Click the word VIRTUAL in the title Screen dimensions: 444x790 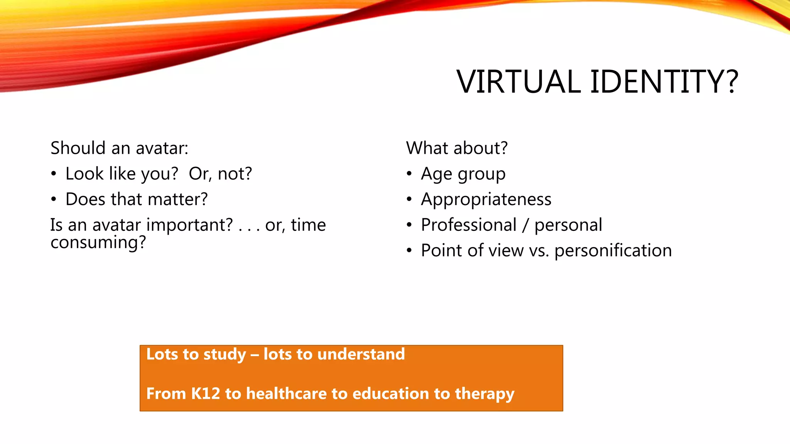click(518, 82)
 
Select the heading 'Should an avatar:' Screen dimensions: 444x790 click(119, 148)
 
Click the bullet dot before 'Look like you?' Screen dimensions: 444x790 click(54, 174)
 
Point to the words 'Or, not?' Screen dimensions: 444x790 click(220, 174)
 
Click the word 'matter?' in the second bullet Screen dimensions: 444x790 click(177, 199)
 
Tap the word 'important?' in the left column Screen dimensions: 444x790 click(189, 225)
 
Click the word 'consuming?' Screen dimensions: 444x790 click(98, 243)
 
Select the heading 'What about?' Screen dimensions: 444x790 click(457, 148)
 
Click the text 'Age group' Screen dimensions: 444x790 click(463, 174)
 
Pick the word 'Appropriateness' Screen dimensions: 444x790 click(486, 200)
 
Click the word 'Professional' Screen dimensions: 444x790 click(468, 225)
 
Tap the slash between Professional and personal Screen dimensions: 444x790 click(525, 225)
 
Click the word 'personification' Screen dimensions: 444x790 click(613, 251)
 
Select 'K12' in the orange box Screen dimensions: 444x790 click(206, 394)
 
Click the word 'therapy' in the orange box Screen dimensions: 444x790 click(484, 394)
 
